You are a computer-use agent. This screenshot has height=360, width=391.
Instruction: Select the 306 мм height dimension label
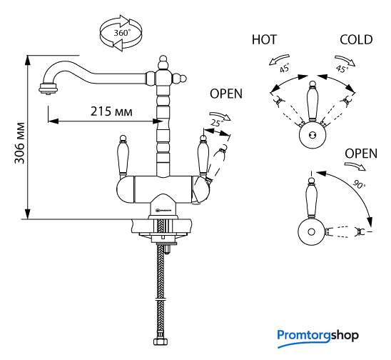20,143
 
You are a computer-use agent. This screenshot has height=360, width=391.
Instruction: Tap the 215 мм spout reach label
111,111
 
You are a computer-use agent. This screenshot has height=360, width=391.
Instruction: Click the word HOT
264,40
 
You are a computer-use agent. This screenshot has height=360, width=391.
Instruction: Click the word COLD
356,40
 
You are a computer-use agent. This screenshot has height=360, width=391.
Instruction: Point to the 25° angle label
217,123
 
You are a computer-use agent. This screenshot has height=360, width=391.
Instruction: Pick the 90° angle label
360,184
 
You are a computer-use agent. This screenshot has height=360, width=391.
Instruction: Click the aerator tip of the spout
49,89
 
